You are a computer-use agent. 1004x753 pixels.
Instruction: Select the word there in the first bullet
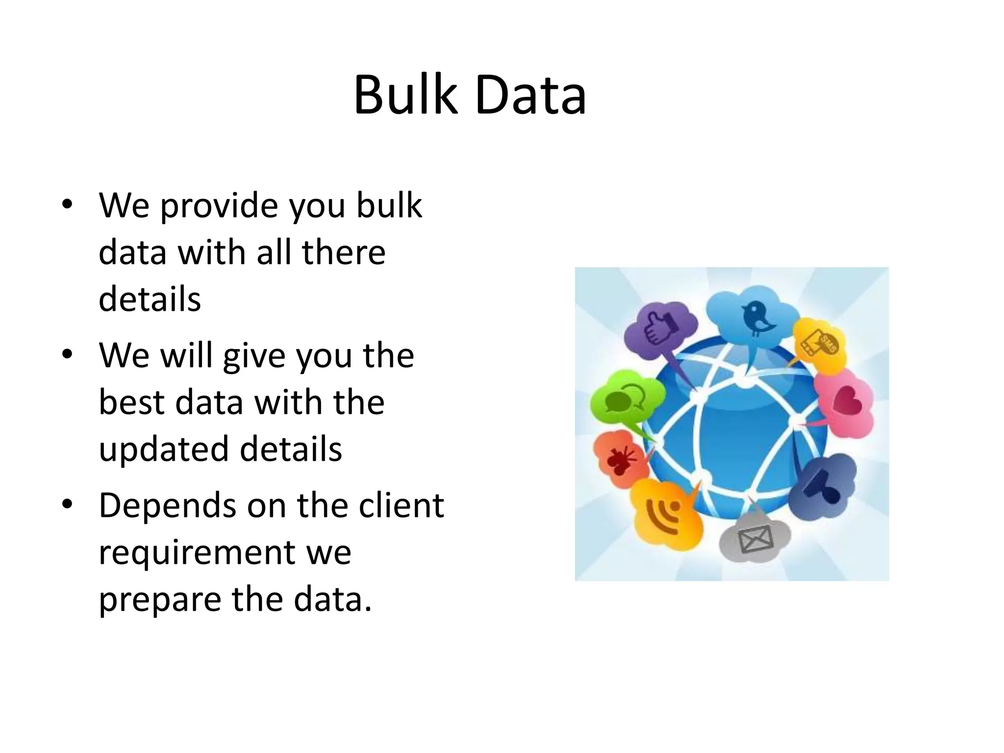coord(344,252)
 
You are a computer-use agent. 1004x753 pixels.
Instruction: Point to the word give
coord(254,356)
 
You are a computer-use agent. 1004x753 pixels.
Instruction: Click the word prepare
coord(160,600)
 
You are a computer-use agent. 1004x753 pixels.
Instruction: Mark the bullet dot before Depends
coord(67,504)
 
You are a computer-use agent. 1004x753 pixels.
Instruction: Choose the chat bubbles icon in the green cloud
coord(624,398)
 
